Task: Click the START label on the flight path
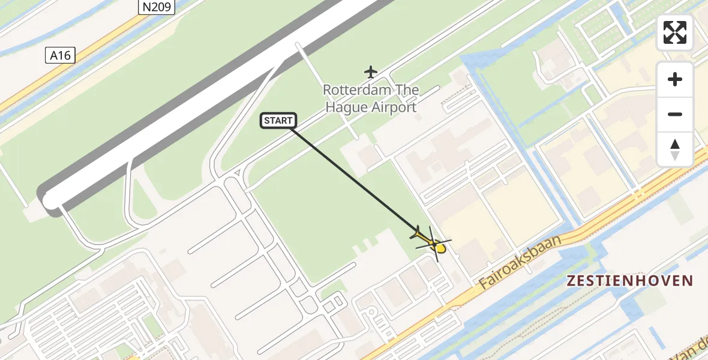pyautogui.click(x=278, y=121)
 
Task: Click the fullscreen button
pyautogui.click(x=675, y=32)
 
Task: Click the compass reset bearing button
pyautogui.click(x=675, y=149)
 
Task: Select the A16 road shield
pyautogui.click(x=60, y=56)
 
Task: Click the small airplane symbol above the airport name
pyautogui.click(x=371, y=73)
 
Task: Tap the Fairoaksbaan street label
pyautogui.click(x=521, y=262)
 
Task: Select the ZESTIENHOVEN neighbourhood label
pyautogui.click(x=629, y=280)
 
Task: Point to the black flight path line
pyautogui.click(x=354, y=178)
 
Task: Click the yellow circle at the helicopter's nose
pyautogui.click(x=441, y=248)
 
